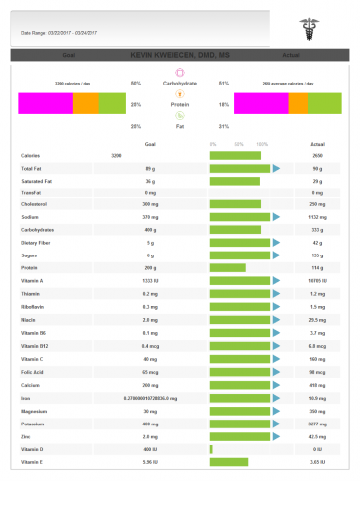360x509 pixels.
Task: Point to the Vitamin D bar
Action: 211,449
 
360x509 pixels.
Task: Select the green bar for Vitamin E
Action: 229,462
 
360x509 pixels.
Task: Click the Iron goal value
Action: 150,398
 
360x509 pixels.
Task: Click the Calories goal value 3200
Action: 117,156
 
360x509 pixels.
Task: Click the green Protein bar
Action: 228,267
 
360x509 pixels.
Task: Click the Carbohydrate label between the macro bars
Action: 180,83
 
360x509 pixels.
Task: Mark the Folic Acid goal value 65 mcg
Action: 150,371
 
